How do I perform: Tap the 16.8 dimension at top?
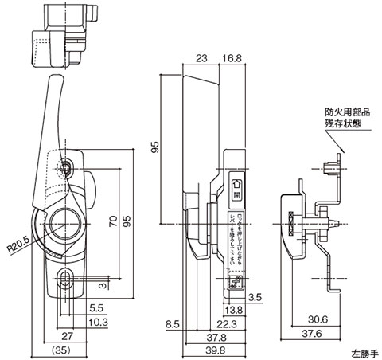pyautogui.click(x=233, y=58)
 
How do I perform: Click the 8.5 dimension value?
pyautogui.click(x=172, y=323)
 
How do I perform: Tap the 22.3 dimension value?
pyautogui.click(x=227, y=323)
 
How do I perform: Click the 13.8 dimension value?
pyautogui.click(x=235, y=308)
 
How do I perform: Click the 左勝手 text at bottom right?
pyautogui.click(x=363, y=351)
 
